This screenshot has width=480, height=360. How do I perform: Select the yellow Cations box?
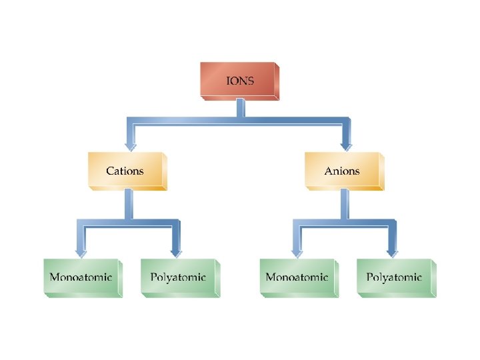126,171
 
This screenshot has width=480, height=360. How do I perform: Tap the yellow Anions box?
343,171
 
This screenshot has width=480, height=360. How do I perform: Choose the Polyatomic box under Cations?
179,277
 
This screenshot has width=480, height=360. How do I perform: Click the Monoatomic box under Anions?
297,277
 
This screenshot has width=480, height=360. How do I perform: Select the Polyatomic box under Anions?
395,277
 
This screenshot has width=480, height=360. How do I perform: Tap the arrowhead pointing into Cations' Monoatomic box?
81,251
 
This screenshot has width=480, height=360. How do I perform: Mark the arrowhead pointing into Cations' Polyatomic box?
176,251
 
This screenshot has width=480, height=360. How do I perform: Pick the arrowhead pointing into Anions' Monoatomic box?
296,251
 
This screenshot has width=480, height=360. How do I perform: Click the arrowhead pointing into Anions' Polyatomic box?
393,251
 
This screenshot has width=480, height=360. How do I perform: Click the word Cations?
125,171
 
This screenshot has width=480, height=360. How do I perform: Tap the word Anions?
342,171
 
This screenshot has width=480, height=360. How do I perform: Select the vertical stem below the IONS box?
241,109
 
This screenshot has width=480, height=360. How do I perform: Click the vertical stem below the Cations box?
129,204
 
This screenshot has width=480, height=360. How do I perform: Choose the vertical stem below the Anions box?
344,204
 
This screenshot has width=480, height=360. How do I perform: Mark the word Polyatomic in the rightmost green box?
394,277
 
